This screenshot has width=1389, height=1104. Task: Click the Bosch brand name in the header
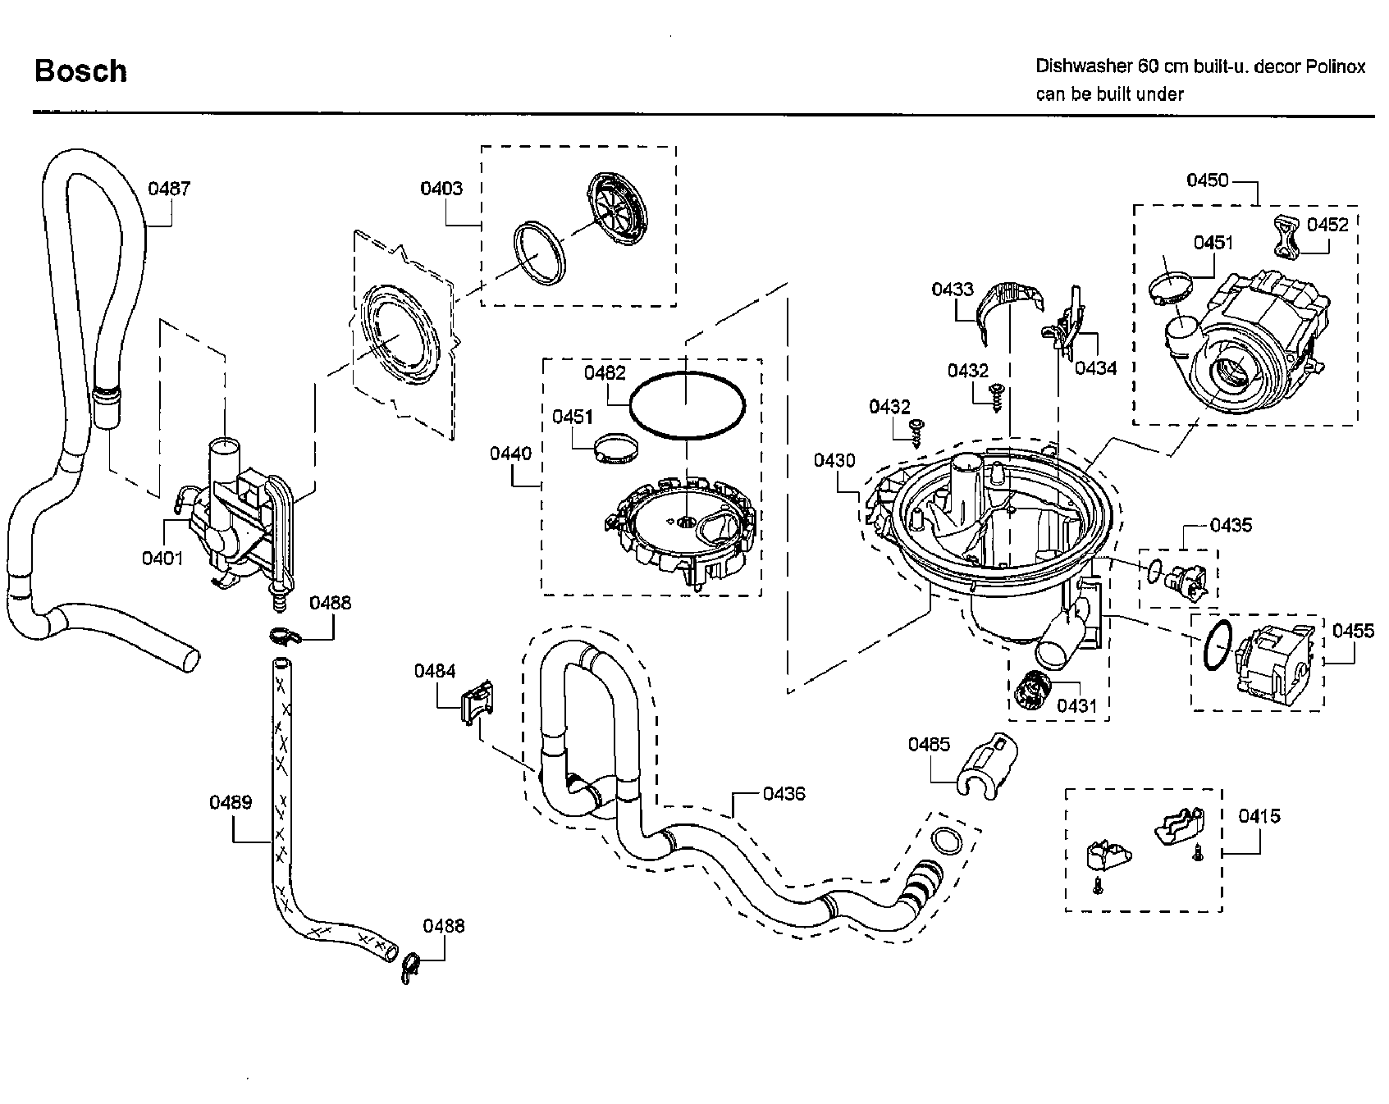click(80, 71)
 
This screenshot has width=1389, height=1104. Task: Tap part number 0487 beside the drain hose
click(169, 189)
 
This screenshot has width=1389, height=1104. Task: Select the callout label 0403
click(441, 189)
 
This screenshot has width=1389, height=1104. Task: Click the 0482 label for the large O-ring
click(605, 373)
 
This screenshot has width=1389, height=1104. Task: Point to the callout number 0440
click(510, 454)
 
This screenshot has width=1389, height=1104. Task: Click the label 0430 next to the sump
click(834, 461)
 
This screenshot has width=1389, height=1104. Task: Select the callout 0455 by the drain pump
click(1353, 631)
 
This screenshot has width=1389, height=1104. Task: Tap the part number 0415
click(1259, 816)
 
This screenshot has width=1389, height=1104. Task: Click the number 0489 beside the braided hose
click(231, 802)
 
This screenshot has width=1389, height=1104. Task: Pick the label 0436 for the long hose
click(784, 794)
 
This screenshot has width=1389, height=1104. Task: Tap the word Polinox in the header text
click(1336, 66)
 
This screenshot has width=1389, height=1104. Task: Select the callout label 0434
click(1095, 368)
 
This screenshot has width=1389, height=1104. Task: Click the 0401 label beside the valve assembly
click(162, 558)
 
